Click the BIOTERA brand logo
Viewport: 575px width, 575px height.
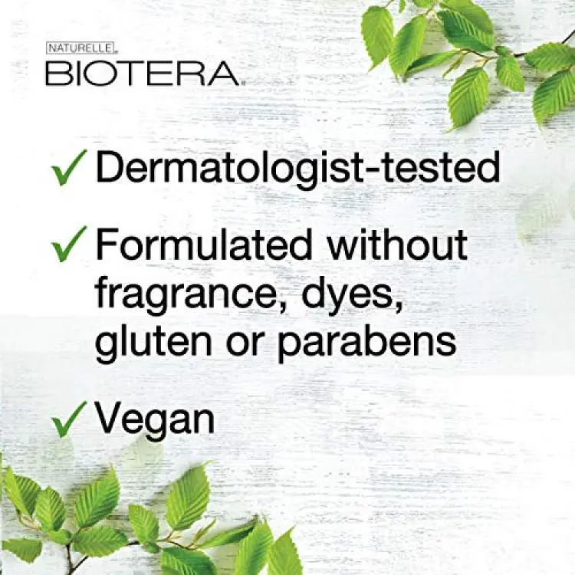coord(143,74)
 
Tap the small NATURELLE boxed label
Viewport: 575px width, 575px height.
coord(80,48)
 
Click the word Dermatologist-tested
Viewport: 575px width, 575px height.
coord(297,169)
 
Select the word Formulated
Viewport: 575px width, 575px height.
coord(203,244)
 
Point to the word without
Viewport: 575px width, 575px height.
coord(397,244)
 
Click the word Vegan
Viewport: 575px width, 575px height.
coord(155,419)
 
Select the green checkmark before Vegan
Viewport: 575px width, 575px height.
coord(68,419)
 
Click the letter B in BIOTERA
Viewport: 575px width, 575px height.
coord(55,74)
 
